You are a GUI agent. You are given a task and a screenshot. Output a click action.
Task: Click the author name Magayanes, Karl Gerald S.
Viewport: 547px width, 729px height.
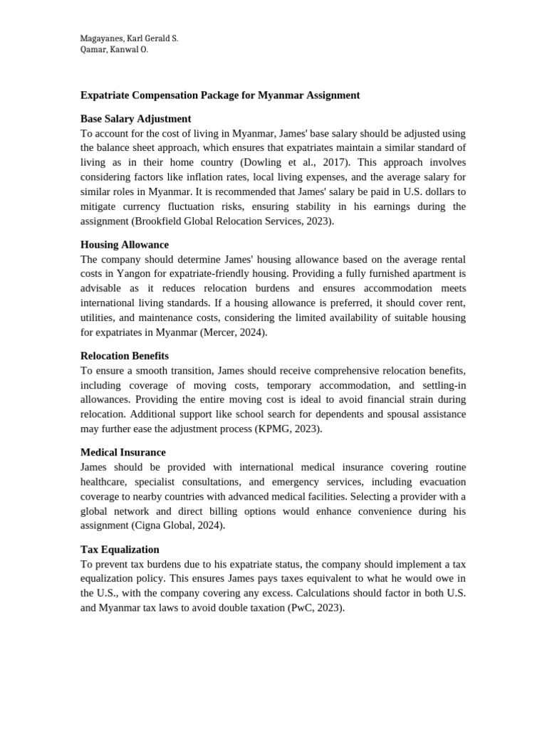(x=129, y=38)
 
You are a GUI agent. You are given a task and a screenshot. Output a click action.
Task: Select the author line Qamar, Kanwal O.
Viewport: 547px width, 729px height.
(x=114, y=50)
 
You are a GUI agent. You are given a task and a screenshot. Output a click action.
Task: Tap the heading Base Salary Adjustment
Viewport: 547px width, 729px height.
(x=135, y=119)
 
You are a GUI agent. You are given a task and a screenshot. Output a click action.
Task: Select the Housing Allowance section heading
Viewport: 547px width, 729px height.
(x=125, y=245)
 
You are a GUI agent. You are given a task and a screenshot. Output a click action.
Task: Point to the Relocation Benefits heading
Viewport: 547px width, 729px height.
(x=125, y=356)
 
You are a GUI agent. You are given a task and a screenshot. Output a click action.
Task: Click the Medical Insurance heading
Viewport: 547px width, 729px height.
(x=123, y=453)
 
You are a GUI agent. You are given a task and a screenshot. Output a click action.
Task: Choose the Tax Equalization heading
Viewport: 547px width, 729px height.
(x=120, y=550)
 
